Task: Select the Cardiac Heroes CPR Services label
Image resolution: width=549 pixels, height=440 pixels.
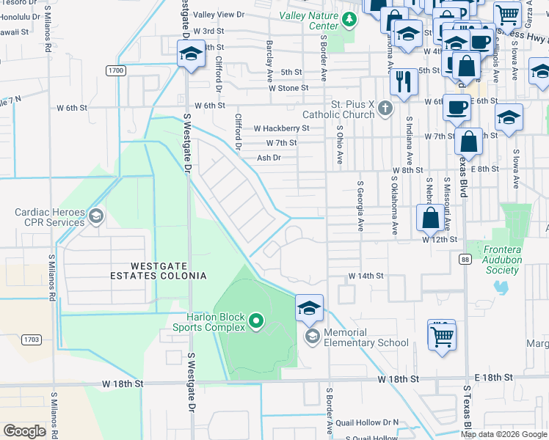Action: pyautogui.click(x=49, y=217)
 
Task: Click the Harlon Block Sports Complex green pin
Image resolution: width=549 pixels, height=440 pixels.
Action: pyautogui.click(x=255, y=320)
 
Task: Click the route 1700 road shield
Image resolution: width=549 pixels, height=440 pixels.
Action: pyautogui.click(x=114, y=70)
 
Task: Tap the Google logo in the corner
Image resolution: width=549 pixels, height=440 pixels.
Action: pyautogui.click(x=24, y=430)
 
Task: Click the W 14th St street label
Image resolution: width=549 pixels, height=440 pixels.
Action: pyautogui.click(x=366, y=276)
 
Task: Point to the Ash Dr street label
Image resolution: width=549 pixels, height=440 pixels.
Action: pyautogui.click(x=269, y=158)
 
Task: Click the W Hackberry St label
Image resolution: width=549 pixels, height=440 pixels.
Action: pyautogui.click(x=282, y=128)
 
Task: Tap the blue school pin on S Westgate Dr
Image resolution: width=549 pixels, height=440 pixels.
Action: pyautogui.click(x=190, y=56)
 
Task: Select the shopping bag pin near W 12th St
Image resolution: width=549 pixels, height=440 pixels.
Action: pyautogui.click(x=430, y=217)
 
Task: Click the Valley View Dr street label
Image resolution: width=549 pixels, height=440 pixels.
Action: pyautogui.click(x=219, y=15)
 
